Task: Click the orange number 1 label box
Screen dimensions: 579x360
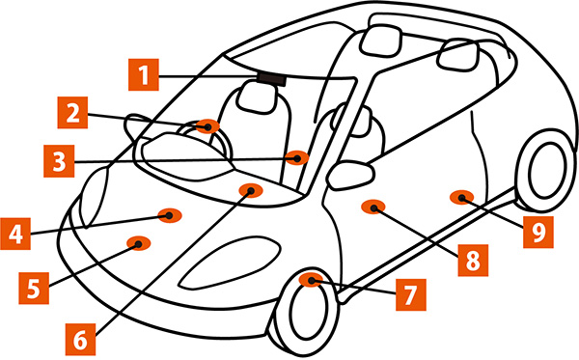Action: pos(144,74)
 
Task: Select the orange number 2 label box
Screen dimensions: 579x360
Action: pos(72,113)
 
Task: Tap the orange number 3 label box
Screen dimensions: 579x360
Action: pos(59,161)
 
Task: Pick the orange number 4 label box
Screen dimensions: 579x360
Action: pos(15,234)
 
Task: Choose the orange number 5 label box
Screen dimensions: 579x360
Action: pos(34,288)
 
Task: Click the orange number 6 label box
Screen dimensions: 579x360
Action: pos(80,340)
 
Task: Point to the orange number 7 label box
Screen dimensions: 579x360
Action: pos(411,294)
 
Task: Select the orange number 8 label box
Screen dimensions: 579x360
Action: pos(474,261)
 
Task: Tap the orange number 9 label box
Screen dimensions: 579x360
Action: pos(538,232)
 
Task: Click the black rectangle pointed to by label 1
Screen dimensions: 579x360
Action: pos(272,78)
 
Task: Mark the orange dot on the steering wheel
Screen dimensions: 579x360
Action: pos(207,126)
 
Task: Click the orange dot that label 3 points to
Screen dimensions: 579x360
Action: pos(297,158)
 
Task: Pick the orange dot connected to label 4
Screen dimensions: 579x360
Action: pos(170,215)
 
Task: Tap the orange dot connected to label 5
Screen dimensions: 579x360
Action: pos(138,243)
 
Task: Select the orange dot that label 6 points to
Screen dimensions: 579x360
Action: pos(251,190)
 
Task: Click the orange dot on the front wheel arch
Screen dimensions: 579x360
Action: pos(311,280)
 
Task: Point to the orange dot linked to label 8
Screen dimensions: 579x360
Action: pos(373,208)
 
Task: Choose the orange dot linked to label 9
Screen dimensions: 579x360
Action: pos(461,198)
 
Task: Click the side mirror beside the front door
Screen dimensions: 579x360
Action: pos(351,175)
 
